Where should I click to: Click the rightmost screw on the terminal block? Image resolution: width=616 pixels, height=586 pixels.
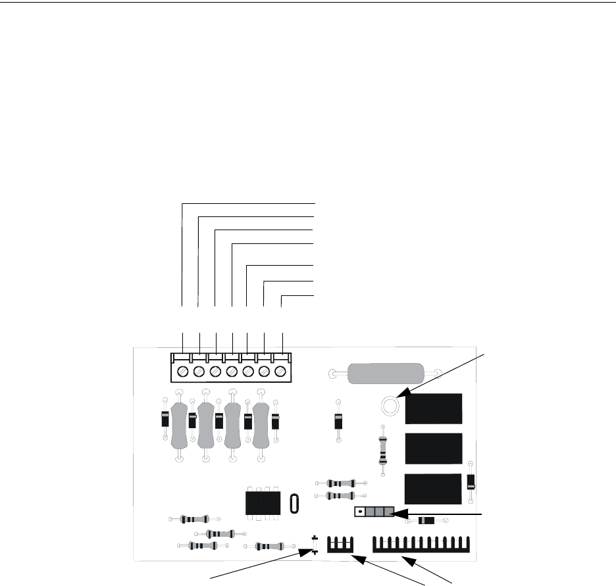pyautogui.click(x=281, y=372)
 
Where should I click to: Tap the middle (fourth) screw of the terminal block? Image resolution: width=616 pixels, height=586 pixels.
pyautogui.click(x=232, y=372)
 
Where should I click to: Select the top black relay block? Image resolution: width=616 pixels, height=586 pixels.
pyautogui.click(x=434, y=409)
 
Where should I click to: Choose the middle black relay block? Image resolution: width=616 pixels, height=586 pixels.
pyautogui.click(x=434, y=449)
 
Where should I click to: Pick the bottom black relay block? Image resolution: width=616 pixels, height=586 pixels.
pyautogui.click(x=434, y=489)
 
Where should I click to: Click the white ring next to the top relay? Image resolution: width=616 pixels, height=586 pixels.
pyautogui.click(x=389, y=406)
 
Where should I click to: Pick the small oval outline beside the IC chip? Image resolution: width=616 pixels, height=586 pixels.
pyautogui.click(x=294, y=503)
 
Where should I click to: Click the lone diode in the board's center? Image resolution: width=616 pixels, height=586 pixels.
pyautogui.click(x=338, y=421)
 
